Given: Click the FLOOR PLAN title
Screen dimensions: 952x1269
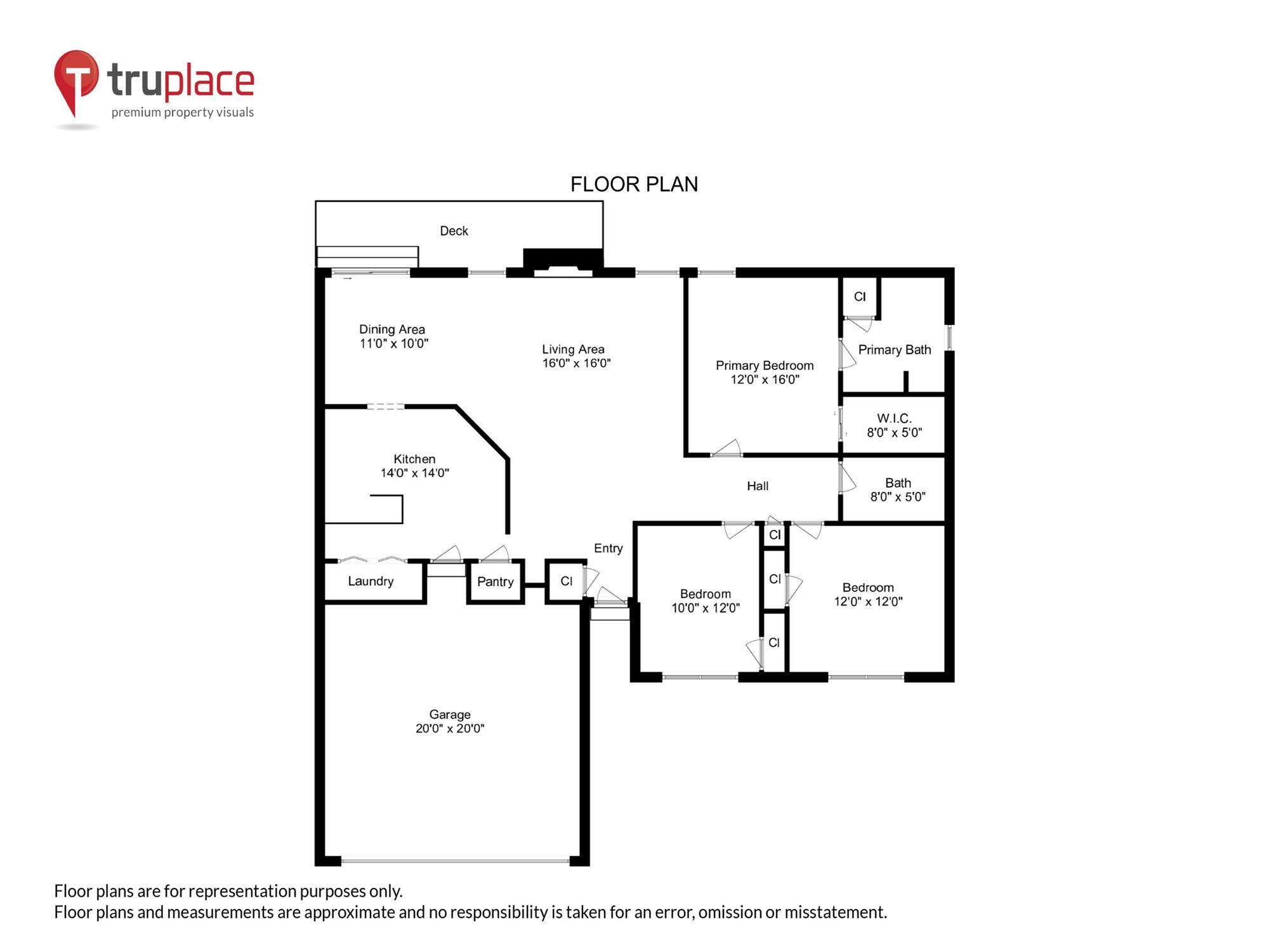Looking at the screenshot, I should [634, 184].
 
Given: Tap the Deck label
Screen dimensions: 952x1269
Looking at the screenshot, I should [454, 231].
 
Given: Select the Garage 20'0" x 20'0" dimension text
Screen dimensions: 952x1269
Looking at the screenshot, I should [450, 729].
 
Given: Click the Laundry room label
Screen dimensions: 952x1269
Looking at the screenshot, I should [371, 581].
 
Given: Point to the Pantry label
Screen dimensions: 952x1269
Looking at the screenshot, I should [495, 582].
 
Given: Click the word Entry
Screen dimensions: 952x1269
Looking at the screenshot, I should [608, 548].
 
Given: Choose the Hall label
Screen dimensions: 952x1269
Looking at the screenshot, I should [758, 486].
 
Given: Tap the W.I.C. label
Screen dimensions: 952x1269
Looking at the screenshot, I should [894, 419].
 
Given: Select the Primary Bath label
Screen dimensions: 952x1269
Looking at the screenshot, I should [894, 350].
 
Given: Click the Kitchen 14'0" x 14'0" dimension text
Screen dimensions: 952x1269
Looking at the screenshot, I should [414, 473].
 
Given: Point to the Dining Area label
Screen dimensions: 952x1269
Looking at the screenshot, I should [392, 329].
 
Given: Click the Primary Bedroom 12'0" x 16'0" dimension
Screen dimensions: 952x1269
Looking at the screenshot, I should [765, 380].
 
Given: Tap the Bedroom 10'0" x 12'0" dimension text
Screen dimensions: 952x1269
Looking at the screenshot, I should [706, 608].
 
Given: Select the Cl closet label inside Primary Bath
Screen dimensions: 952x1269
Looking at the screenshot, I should [860, 296].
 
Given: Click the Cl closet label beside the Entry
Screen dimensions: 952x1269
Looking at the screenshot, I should [566, 581].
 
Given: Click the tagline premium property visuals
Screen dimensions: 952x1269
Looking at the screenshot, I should [183, 112].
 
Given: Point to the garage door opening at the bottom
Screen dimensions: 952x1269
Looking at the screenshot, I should [454, 861].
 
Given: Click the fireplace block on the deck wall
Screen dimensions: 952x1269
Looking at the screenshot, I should [563, 261].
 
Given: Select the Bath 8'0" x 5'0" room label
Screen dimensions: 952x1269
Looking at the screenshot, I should [897, 490].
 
